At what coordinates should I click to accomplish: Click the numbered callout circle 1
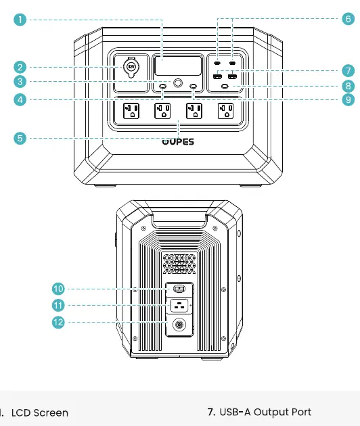pyautogui.click(x=20, y=20)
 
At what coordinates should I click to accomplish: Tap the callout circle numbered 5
pyautogui.click(x=20, y=138)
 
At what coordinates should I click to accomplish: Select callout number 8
pyautogui.click(x=348, y=86)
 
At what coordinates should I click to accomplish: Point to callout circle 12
pyautogui.click(x=58, y=323)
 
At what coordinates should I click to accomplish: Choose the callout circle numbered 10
pyautogui.click(x=58, y=289)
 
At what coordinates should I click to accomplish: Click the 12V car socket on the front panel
pyautogui.click(x=131, y=67)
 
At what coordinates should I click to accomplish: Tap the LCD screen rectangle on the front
pyautogui.click(x=178, y=66)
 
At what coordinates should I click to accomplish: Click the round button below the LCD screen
pyautogui.click(x=178, y=83)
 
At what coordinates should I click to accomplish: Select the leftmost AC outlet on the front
pyautogui.click(x=131, y=111)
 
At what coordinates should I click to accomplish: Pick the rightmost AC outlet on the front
pyautogui.click(x=226, y=111)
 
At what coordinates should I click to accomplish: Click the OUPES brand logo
pyautogui.click(x=178, y=141)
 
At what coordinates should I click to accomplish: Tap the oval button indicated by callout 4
pyautogui.click(x=162, y=86)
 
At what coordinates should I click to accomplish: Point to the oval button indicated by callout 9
pyautogui.click(x=194, y=86)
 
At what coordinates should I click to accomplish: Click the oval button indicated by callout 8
pyautogui.click(x=225, y=86)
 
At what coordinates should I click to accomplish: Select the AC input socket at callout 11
pyautogui.click(x=179, y=306)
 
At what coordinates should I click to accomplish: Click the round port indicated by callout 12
pyautogui.click(x=179, y=325)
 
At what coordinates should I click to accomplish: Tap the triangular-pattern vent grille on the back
pyautogui.click(x=179, y=264)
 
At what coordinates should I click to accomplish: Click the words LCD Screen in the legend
pyautogui.click(x=40, y=412)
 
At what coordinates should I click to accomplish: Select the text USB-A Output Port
pyautogui.click(x=265, y=412)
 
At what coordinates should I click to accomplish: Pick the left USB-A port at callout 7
pyautogui.click(x=217, y=76)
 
